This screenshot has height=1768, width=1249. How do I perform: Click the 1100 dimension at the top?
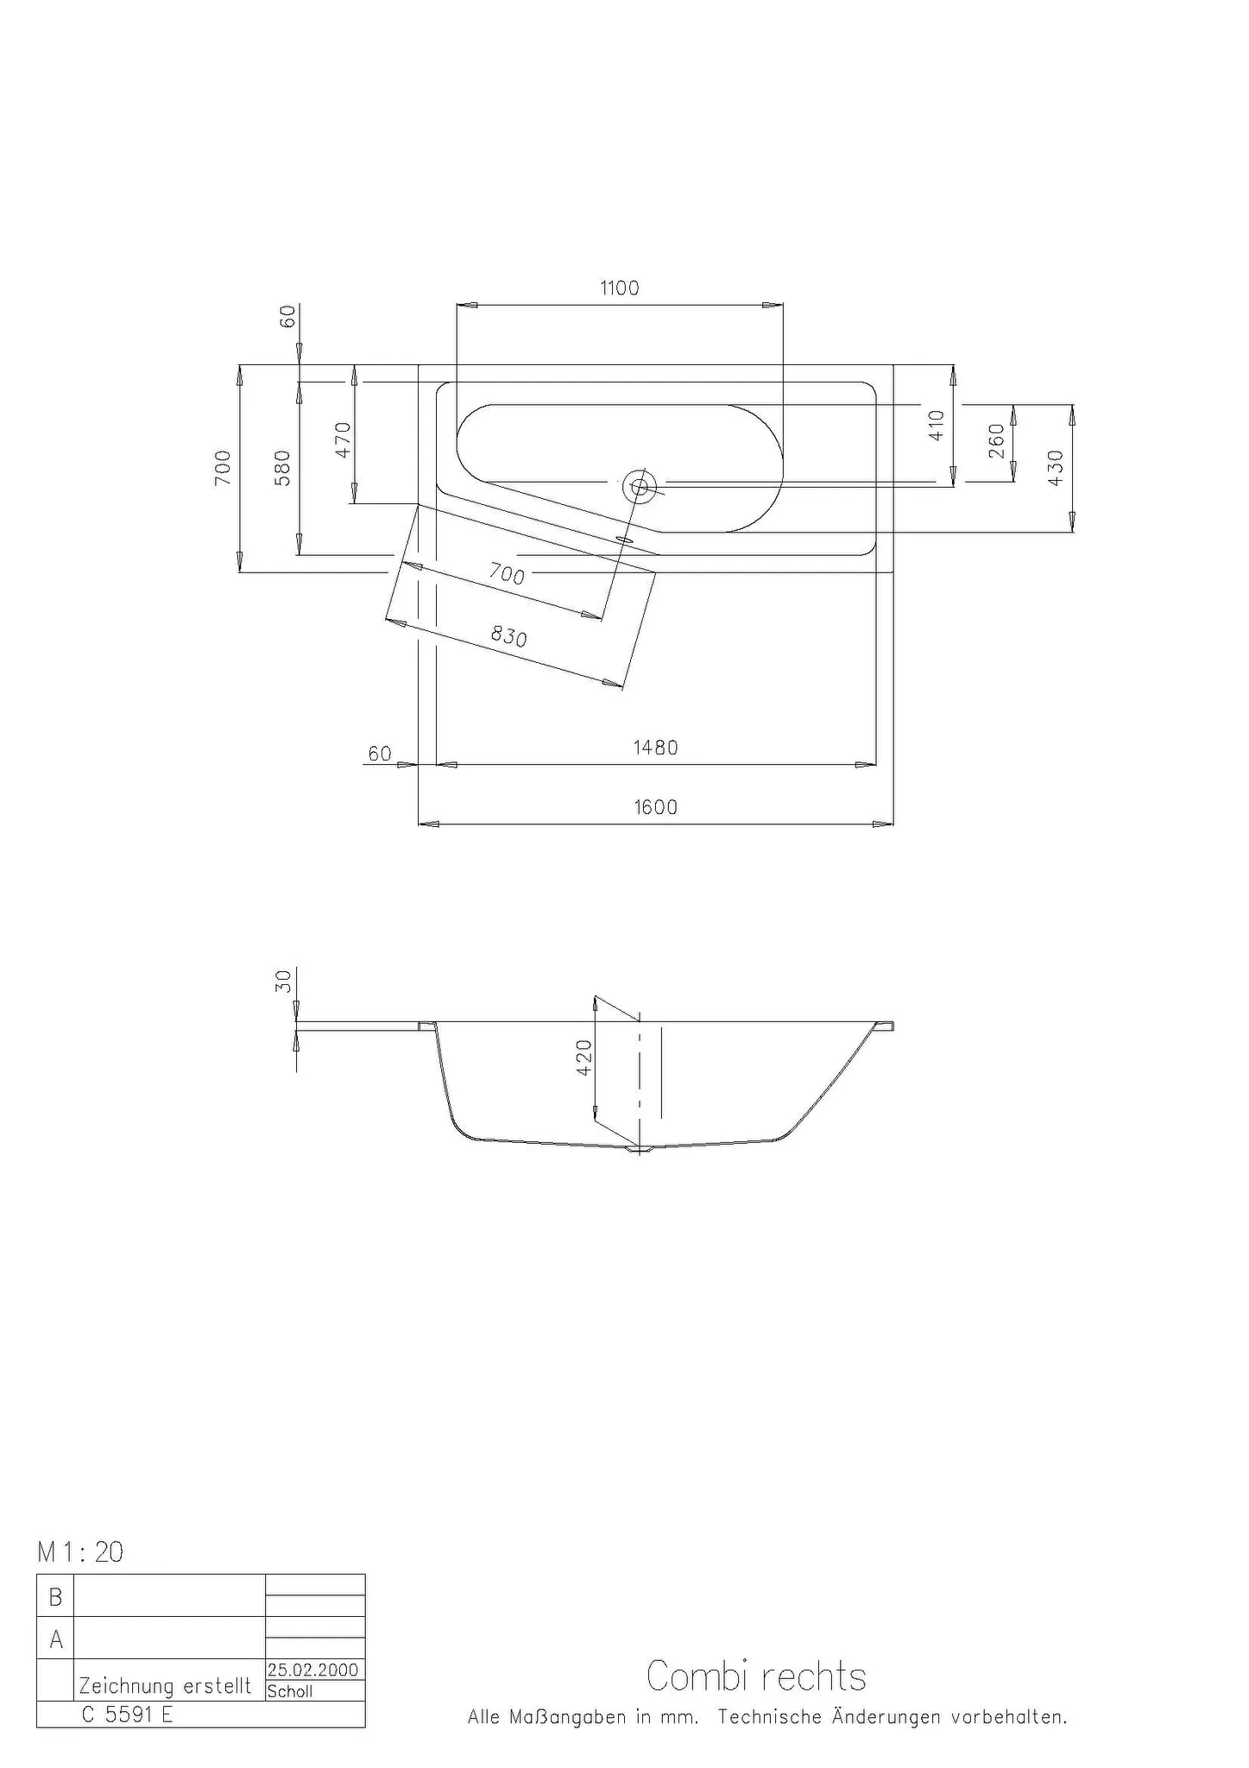[x=620, y=288]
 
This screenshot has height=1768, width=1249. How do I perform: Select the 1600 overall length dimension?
[x=656, y=807]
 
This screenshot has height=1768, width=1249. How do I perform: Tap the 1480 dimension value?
[x=656, y=748]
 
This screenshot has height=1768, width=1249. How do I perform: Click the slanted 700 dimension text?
[x=507, y=573]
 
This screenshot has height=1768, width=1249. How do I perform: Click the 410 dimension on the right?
[x=937, y=425]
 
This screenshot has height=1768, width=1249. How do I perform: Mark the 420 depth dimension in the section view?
[x=584, y=1057]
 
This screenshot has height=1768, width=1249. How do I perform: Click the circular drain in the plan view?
[x=640, y=487]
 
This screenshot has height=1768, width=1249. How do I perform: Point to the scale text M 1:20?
[x=80, y=1553]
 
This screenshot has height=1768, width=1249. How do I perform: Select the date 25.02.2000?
[x=312, y=1670]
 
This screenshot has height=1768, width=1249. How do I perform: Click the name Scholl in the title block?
[x=290, y=1691]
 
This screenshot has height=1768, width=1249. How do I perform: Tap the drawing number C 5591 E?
[x=128, y=1714]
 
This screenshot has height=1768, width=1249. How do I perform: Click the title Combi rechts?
[x=756, y=1676]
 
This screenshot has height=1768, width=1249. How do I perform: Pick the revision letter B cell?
[x=55, y=1598]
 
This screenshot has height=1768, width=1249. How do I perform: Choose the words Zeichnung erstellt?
[x=165, y=1686]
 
